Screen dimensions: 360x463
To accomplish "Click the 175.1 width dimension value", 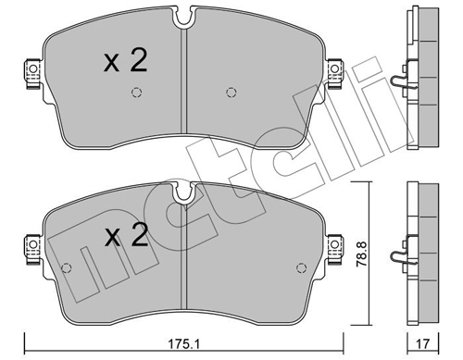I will [x=186, y=347].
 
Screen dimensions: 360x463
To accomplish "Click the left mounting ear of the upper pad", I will [x=31, y=70].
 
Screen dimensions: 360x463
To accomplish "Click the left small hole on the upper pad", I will [x=137, y=92].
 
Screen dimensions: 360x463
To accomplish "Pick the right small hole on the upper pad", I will [x=231, y=92].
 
